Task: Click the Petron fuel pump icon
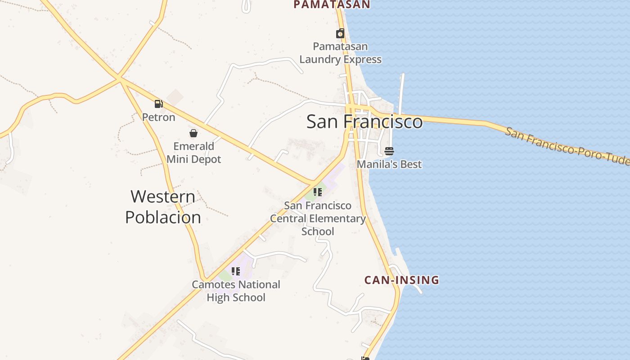[x=158, y=104]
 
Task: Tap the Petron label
[x=158, y=117]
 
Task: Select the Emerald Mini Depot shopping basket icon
[x=193, y=133]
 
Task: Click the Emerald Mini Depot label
[x=194, y=153]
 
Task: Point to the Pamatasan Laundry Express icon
[x=340, y=33]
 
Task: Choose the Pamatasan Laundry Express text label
[x=340, y=53]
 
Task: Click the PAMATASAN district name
[x=332, y=4]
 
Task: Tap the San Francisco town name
[x=364, y=122]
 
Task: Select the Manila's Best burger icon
[x=389, y=151]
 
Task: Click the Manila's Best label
[x=389, y=164]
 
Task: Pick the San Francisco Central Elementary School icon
[x=318, y=192]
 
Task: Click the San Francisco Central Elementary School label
[x=318, y=218]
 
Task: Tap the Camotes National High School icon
[x=236, y=271]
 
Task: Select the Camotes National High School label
[x=236, y=291]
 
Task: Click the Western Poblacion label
[x=163, y=207]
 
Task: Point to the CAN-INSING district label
[x=401, y=280]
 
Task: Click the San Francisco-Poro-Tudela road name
[x=567, y=146]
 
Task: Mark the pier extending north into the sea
[x=401, y=92]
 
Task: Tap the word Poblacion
[x=163, y=217]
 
